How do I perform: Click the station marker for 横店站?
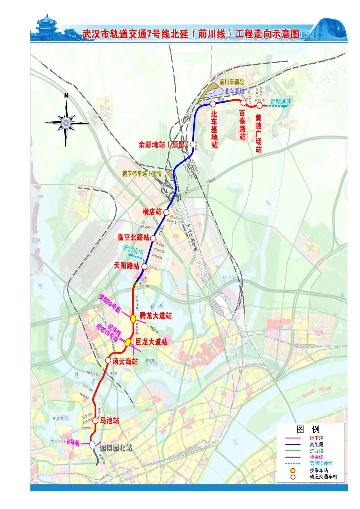click(166, 212)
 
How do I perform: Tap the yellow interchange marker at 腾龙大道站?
click(133, 318)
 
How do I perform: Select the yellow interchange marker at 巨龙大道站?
click(128, 342)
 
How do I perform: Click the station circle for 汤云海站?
click(108, 360)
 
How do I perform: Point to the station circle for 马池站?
click(95, 421)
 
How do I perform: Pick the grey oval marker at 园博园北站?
click(92, 444)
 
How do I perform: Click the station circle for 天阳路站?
click(145, 266)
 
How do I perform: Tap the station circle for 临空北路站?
click(153, 238)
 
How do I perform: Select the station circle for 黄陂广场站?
click(259, 105)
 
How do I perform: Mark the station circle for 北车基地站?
click(213, 104)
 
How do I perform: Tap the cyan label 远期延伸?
click(281, 101)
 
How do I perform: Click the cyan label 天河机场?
click(133, 250)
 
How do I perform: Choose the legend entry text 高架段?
click(316, 444)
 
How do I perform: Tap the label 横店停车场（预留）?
click(144, 173)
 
